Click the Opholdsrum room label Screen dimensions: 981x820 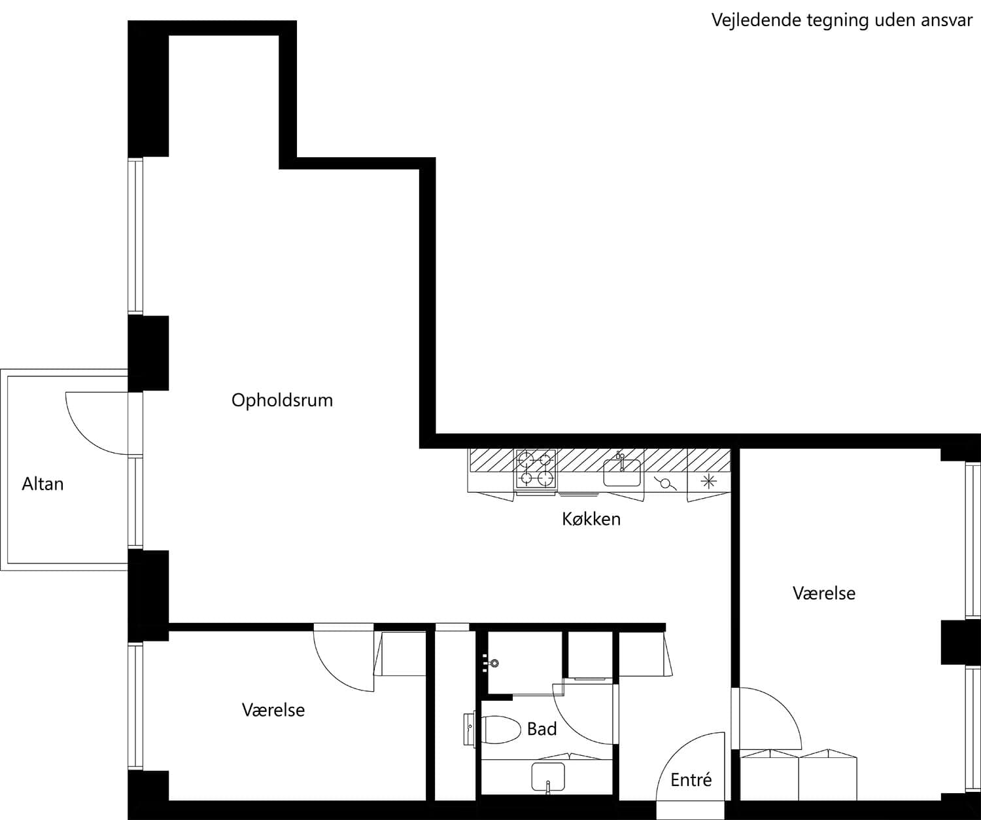[x=282, y=401]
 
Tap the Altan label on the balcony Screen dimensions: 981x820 [x=43, y=484]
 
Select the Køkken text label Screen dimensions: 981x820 [x=591, y=519]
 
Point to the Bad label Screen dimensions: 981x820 [x=542, y=729]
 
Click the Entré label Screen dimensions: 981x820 [x=691, y=779]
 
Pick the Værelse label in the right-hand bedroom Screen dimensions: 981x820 [x=824, y=594]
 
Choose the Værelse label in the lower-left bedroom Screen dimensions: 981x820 [x=273, y=710]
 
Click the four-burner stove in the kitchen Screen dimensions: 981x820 [x=536, y=469]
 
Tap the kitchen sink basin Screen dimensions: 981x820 [x=621, y=472]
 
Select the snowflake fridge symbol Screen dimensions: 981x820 [x=708, y=482]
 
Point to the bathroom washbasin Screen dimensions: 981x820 [x=548, y=776]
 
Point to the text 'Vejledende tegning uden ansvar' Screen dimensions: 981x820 [x=842, y=21]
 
